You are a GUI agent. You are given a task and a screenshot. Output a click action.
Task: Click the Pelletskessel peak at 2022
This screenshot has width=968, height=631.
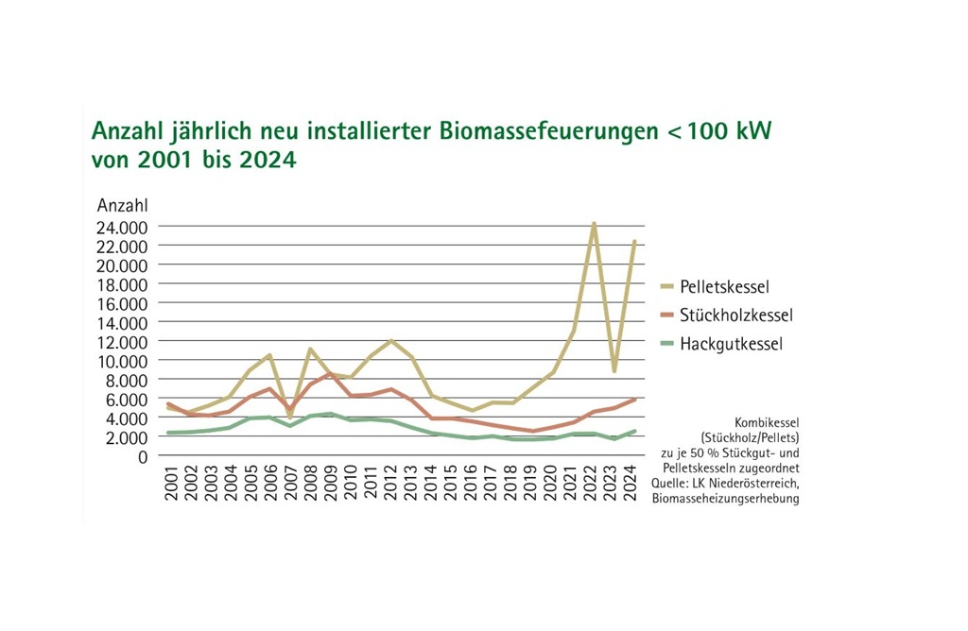(594, 224)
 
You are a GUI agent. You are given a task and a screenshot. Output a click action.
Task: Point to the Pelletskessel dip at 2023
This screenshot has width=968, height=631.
(614, 370)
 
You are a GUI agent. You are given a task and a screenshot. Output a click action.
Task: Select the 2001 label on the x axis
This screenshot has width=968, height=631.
(171, 483)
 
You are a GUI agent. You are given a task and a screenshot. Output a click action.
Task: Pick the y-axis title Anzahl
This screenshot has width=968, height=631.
(123, 205)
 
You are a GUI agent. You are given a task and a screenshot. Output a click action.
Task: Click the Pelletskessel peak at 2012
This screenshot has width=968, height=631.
(390, 340)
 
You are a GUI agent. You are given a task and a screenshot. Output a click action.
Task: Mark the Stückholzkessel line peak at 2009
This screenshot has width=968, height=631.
(330, 374)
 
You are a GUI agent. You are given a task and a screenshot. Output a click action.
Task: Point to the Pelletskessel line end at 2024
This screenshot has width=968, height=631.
(634, 241)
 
